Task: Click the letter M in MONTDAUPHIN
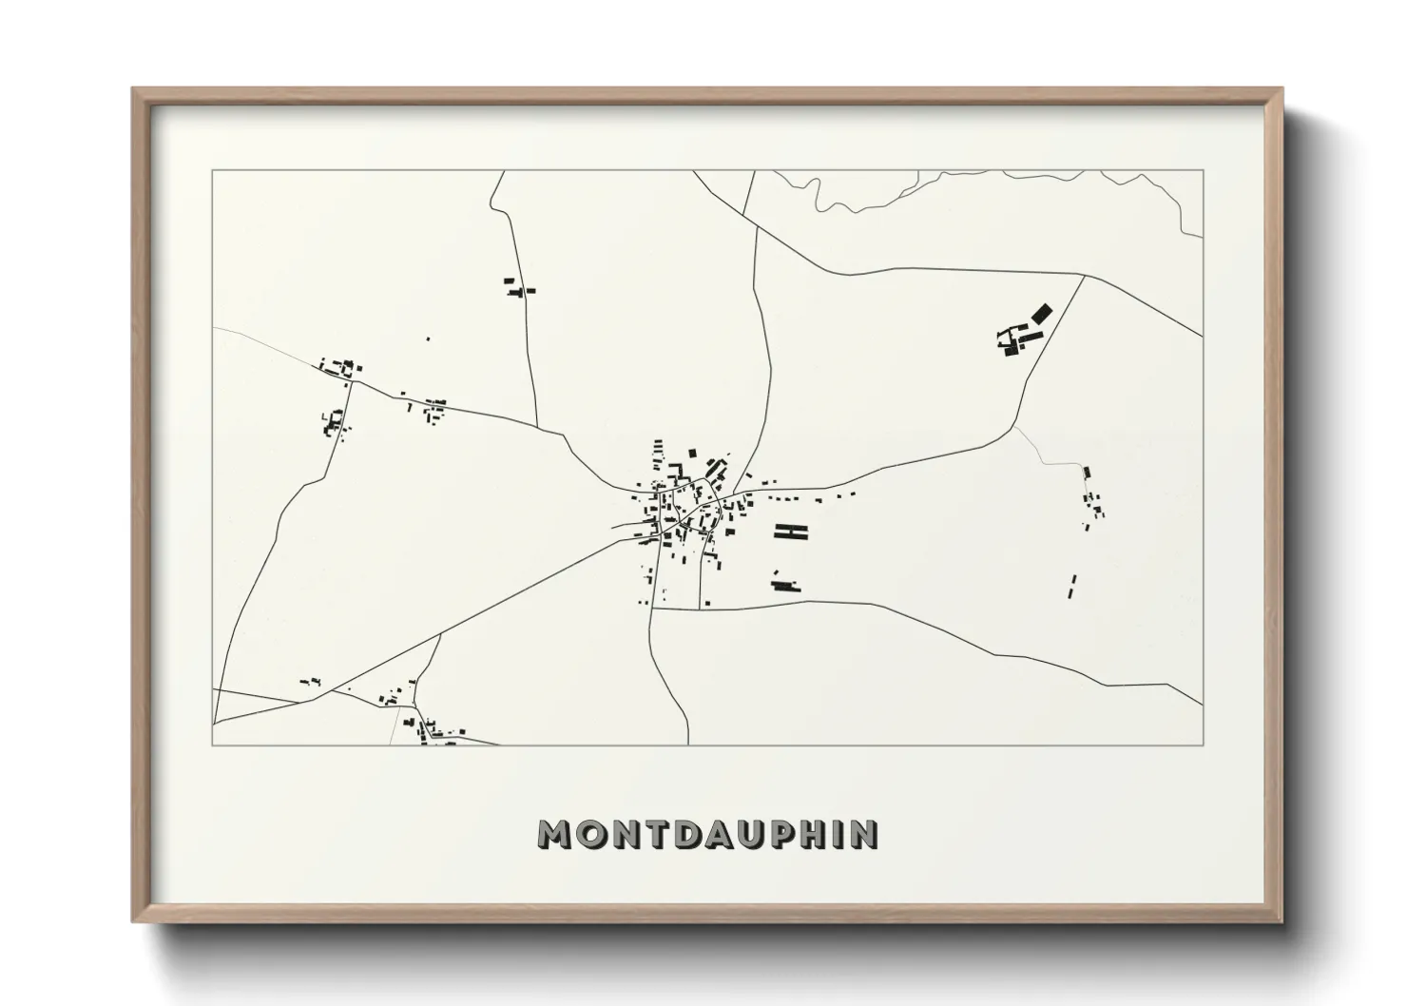coord(557,834)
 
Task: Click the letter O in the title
coord(590,834)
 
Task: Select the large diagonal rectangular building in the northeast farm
coord(1043,313)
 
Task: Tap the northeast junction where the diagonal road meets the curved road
coord(1083,277)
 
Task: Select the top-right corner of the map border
coord(1203,170)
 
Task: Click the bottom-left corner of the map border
coord(213,745)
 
